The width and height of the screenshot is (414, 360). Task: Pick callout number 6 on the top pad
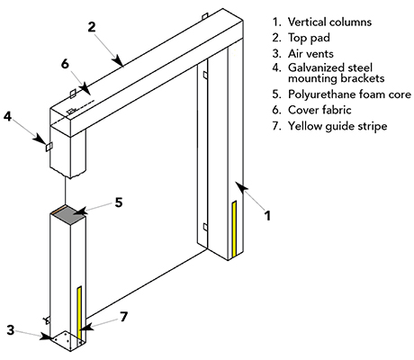click(x=64, y=64)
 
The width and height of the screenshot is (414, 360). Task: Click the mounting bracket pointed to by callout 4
click(x=50, y=148)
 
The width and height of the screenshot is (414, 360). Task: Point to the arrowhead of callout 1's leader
click(x=238, y=184)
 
